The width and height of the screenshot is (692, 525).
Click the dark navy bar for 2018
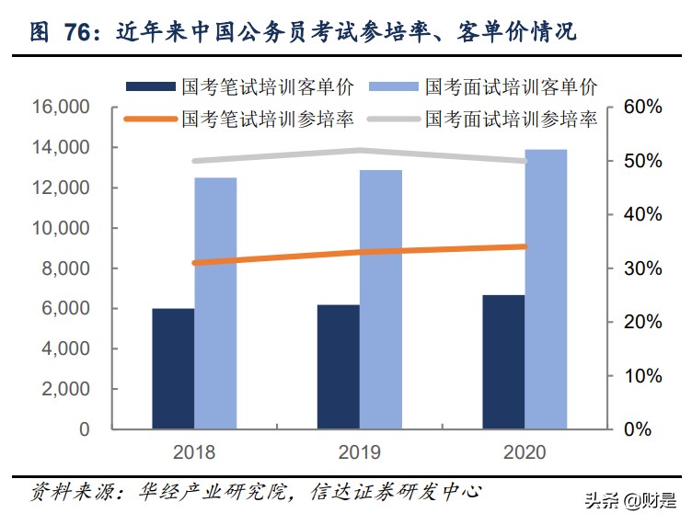tap(173, 369)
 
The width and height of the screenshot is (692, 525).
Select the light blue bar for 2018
tap(215, 303)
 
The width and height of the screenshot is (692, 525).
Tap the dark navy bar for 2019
tap(339, 367)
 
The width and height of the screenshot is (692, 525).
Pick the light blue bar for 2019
tap(381, 300)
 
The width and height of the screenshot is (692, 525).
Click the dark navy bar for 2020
tap(503, 362)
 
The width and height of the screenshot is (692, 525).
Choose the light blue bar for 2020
tap(546, 289)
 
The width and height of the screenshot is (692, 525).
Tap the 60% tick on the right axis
tap(641, 108)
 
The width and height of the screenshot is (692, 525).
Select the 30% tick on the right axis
tap(641, 268)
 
